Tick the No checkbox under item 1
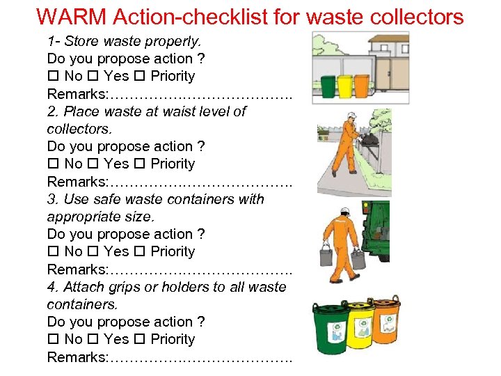(52, 76)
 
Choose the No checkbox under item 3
(52, 251)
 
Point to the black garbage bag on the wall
(369, 138)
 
